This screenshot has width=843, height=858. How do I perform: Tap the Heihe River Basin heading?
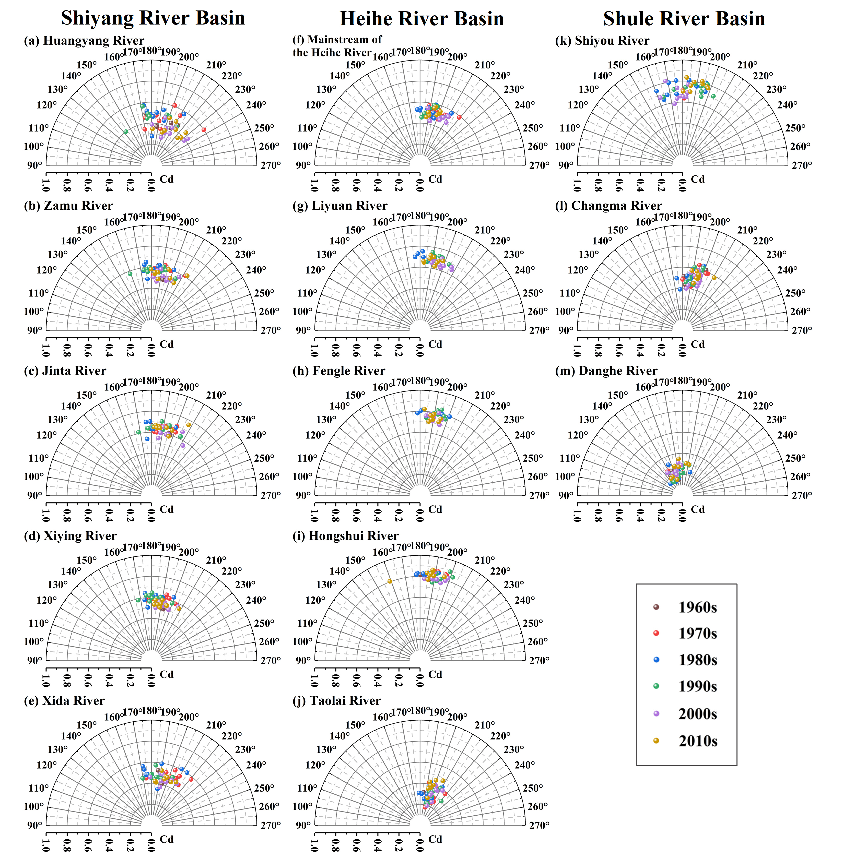[x=421, y=19]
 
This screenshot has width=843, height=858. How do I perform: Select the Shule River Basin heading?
[x=684, y=19]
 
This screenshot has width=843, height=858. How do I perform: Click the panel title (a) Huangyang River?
[x=84, y=41]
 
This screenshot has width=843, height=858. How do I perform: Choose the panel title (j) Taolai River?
[x=336, y=700]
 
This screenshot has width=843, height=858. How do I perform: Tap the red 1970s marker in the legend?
[x=656, y=633]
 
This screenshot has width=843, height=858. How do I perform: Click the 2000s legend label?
[x=697, y=714]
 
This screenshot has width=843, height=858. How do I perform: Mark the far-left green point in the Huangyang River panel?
[x=126, y=132]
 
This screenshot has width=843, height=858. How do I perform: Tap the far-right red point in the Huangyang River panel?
[x=204, y=130]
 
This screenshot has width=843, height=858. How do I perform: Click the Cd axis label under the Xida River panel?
[x=167, y=839]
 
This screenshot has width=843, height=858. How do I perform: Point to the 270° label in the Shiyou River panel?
[x=802, y=165]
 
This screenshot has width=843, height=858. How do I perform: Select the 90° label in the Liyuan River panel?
[x=303, y=330]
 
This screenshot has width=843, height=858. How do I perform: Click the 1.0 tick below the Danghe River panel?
[x=577, y=516]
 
